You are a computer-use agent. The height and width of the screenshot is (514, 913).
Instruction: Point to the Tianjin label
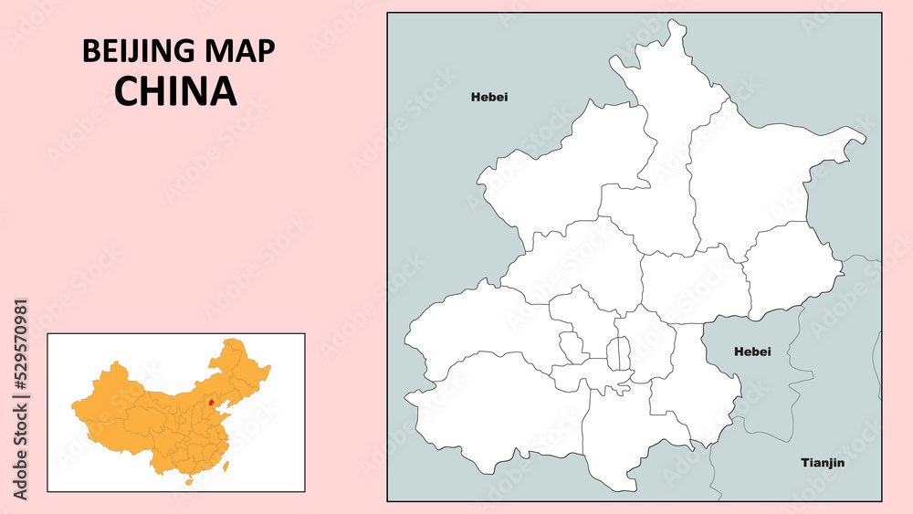point(823,463)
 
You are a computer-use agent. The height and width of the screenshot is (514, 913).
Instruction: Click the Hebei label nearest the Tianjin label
point(752,351)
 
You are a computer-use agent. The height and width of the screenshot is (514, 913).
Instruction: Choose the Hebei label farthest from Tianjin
point(489,97)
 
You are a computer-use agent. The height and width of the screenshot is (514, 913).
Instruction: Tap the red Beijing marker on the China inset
point(211,401)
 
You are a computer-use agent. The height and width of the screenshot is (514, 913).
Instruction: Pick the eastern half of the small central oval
point(624,353)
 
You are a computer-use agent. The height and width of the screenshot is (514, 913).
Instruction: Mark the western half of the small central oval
point(614,353)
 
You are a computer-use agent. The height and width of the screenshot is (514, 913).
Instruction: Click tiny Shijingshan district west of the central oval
point(572,348)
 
